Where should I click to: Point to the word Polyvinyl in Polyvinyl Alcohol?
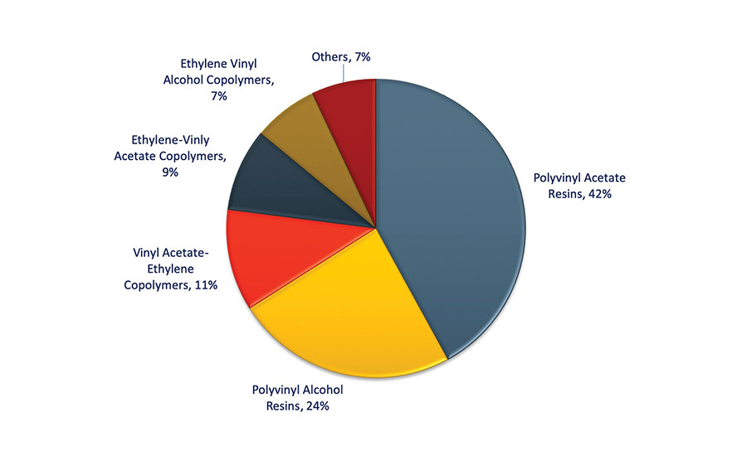point(277,390)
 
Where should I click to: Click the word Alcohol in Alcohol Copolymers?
point(187,80)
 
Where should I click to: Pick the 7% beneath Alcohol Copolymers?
point(219,96)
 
